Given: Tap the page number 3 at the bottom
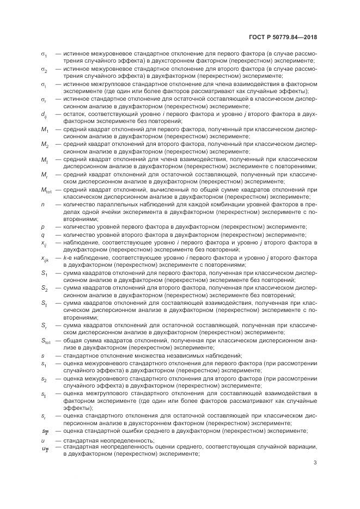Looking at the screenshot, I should click(315, 463).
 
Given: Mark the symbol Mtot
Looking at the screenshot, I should click(46, 189).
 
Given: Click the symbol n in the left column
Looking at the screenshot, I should click(43, 204).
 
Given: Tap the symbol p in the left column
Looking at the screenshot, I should click(43, 226).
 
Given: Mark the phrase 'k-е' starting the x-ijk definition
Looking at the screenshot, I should click(68, 256).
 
